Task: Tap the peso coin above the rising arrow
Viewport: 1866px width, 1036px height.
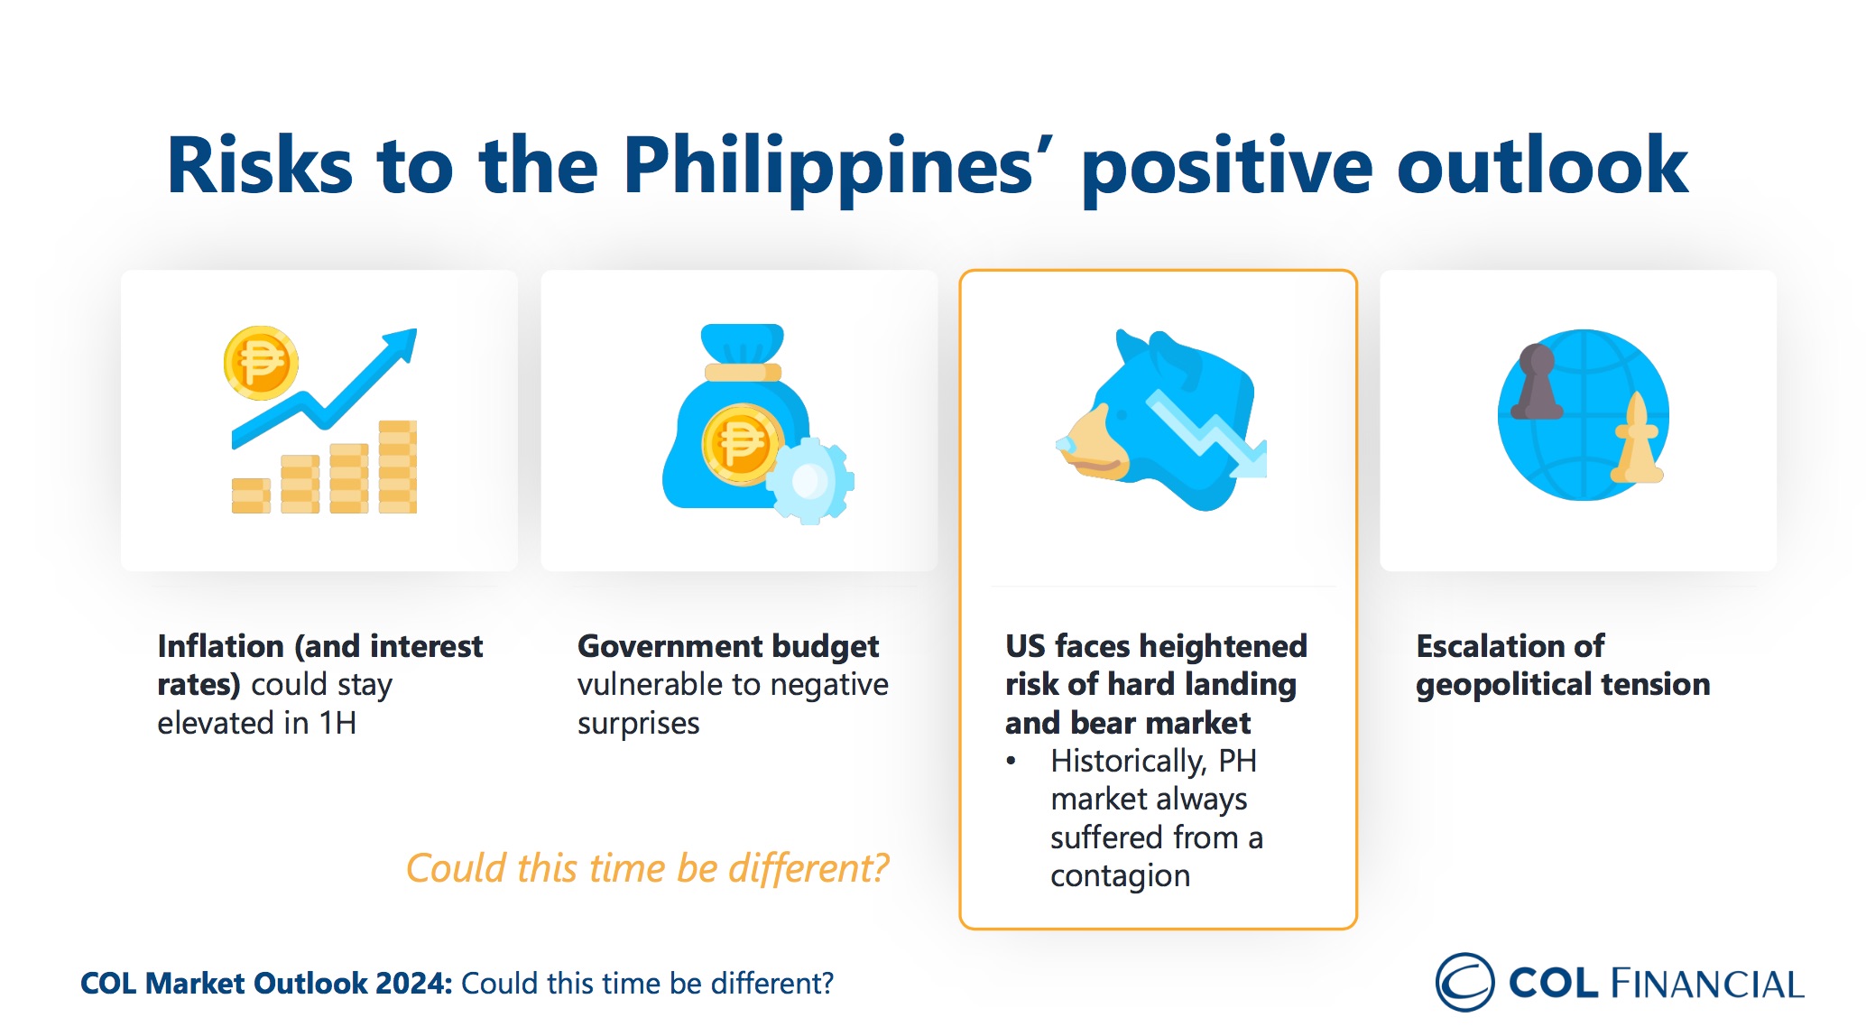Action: point(261,363)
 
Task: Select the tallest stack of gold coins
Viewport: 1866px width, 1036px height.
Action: point(397,467)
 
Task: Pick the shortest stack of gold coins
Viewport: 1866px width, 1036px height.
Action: point(251,495)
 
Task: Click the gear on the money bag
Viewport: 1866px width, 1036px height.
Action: point(810,480)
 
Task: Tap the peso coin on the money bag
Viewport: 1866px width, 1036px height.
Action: point(741,444)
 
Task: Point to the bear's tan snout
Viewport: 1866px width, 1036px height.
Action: point(1094,444)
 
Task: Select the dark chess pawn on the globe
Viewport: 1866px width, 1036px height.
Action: point(1537,382)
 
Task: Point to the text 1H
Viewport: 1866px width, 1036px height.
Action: point(337,723)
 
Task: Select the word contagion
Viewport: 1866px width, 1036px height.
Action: point(1120,876)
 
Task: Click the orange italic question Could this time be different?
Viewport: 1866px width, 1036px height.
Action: point(647,868)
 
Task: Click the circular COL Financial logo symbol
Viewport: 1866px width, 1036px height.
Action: point(1464,982)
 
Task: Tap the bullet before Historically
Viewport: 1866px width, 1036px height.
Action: point(1012,762)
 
